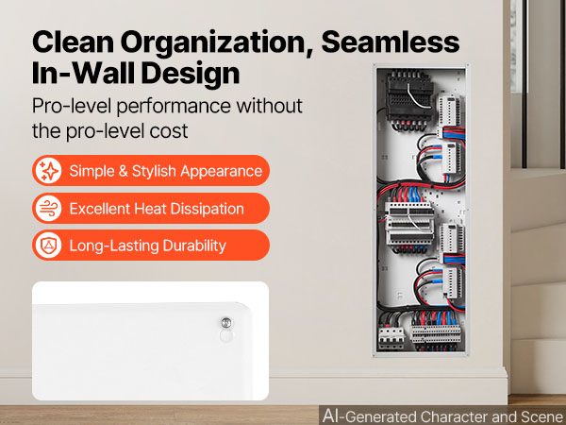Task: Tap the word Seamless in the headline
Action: click(391, 42)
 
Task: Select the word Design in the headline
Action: click(191, 73)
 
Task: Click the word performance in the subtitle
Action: click(174, 107)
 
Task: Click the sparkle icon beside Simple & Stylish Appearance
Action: click(48, 171)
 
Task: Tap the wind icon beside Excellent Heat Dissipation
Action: click(48, 208)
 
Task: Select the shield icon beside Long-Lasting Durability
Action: click(48, 246)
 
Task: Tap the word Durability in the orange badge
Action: click(194, 246)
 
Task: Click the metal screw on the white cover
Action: click(226, 322)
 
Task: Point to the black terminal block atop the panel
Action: click(410, 98)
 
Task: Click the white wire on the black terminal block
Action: click(417, 96)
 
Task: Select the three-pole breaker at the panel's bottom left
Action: click(391, 337)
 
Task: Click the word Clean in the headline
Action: click(73, 42)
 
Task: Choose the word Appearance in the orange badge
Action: click(222, 171)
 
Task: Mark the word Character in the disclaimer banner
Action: click(454, 416)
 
